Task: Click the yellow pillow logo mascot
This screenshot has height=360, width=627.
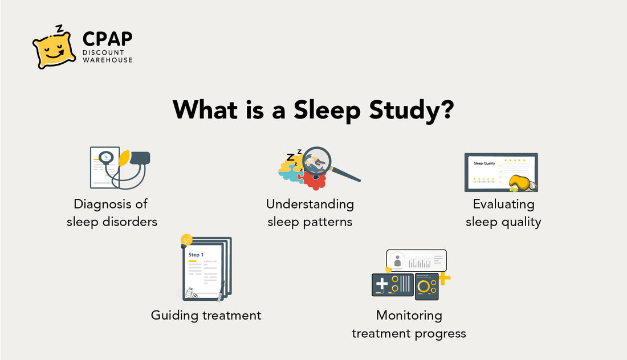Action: pos(54,50)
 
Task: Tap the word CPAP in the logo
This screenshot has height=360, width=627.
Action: pos(107,39)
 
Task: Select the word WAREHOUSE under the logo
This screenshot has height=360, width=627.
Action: pos(108,60)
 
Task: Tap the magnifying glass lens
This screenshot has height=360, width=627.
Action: pos(317,161)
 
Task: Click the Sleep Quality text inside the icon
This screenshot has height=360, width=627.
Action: pos(484,163)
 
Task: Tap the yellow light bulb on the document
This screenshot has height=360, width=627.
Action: pos(186,240)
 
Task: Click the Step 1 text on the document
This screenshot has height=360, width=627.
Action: pos(196,255)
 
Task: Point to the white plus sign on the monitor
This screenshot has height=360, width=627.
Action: pos(381,283)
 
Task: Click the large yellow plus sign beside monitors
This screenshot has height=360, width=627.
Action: pos(444,279)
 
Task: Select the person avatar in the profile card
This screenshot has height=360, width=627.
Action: pos(397,261)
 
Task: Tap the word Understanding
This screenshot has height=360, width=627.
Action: pos(310,204)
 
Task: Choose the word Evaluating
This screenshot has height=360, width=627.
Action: pos(503,204)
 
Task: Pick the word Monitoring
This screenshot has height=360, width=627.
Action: pos(409,315)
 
